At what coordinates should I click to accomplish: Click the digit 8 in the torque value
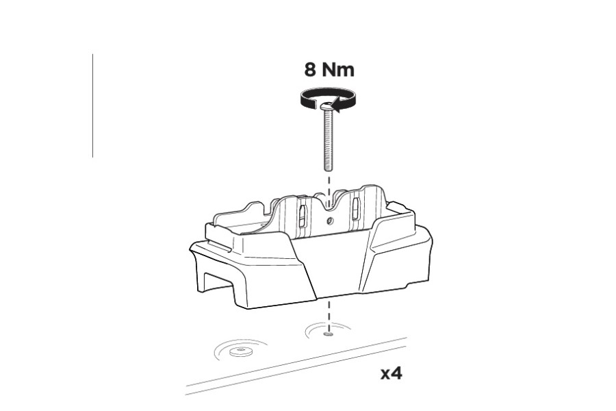coord(312,70)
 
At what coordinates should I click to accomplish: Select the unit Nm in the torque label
coord(339,70)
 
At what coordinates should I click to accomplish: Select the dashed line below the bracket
coord(329,315)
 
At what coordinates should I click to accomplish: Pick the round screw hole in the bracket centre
coord(329,221)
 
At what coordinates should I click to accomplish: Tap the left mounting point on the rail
coord(240,351)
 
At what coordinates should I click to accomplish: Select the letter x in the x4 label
coord(387,375)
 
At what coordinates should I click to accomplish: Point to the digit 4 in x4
coord(398,374)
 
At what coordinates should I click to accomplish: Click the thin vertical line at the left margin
coord(92,106)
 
